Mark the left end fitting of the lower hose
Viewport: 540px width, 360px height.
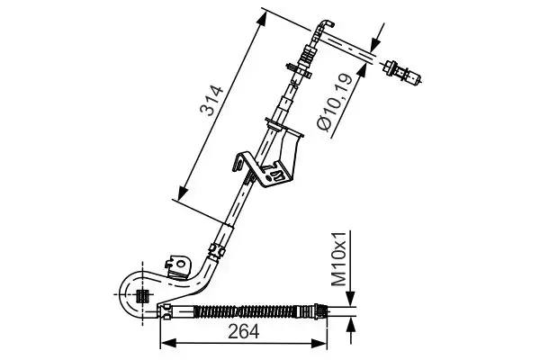[x=167, y=311]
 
